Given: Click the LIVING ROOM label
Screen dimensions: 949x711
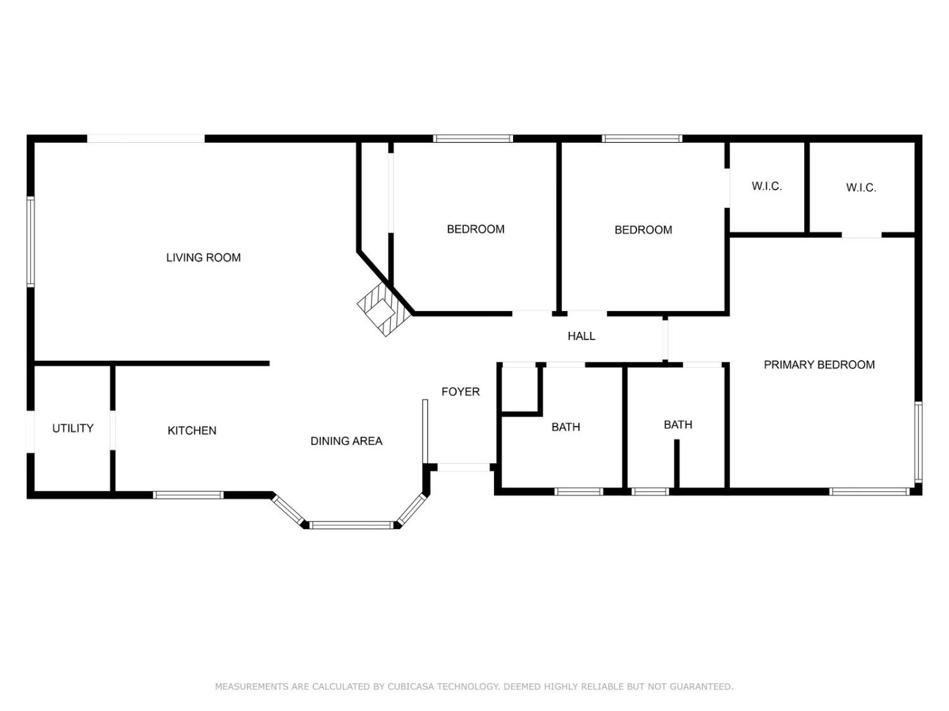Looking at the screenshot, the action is click(203, 258).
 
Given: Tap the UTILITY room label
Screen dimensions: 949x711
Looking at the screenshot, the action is click(73, 428).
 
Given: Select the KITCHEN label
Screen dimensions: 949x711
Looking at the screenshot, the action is click(192, 430).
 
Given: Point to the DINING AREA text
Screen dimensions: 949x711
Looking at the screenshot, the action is click(346, 441).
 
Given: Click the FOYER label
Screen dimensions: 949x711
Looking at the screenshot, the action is click(461, 392).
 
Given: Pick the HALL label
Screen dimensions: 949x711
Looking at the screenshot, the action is click(581, 336).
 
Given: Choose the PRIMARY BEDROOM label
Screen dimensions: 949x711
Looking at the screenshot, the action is click(819, 365).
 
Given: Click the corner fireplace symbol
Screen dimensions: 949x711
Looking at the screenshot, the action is click(384, 310).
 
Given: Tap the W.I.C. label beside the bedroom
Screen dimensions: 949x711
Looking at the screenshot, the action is click(767, 186).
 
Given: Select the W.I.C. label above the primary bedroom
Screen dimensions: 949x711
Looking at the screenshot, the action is click(861, 187).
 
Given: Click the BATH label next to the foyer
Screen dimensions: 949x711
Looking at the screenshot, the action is click(566, 427).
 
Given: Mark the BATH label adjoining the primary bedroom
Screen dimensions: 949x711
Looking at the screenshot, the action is click(678, 425).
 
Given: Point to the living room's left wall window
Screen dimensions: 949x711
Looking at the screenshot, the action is click(30, 242).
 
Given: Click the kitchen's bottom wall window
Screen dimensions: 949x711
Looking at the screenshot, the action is click(188, 495).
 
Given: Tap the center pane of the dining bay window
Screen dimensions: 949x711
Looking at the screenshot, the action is click(351, 525).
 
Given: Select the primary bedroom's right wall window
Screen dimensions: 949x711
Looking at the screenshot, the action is click(918, 442).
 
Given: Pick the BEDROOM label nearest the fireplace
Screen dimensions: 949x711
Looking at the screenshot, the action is click(476, 229).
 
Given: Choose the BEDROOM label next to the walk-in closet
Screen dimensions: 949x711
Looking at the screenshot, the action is click(643, 229).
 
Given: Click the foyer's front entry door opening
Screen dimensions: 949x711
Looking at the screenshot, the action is click(464, 467).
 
